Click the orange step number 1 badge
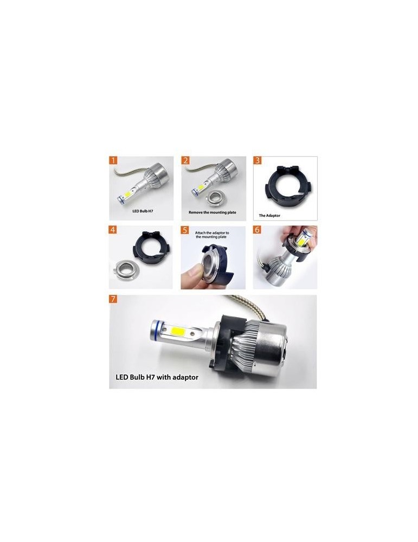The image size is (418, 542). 113,160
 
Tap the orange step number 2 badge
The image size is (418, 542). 185,160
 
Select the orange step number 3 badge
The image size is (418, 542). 258,160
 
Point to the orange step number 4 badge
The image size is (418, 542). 113,230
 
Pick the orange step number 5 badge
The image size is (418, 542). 185,230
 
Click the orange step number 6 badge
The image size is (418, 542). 257,230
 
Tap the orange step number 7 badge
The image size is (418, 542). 113,299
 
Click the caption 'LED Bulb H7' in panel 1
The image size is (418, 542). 143,211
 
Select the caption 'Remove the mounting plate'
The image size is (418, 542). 213,212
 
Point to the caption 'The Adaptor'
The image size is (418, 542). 269,215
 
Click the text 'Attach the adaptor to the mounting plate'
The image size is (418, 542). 212,235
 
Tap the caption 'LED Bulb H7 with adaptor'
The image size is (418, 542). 157,377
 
